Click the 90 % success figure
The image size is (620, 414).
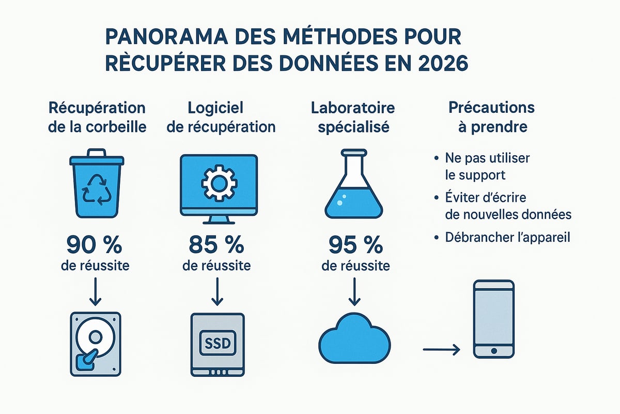[97, 244]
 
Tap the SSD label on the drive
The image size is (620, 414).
[217, 342]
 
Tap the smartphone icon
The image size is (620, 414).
[493, 318]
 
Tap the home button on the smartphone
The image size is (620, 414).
[493, 350]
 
